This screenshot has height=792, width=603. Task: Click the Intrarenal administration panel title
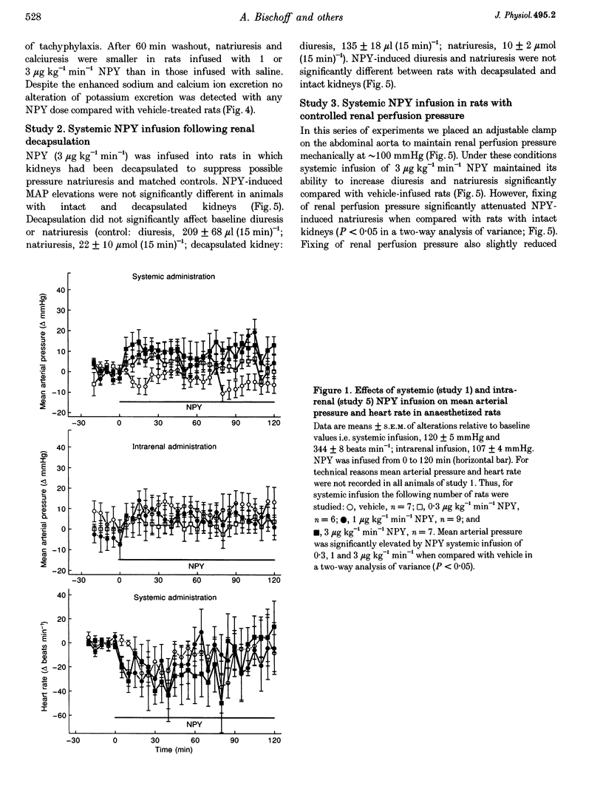175,447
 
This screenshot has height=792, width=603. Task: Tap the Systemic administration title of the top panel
175,277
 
